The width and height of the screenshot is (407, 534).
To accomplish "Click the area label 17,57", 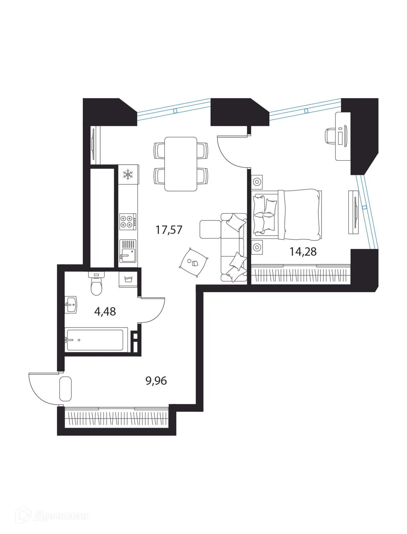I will pyautogui.click(x=169, y=230).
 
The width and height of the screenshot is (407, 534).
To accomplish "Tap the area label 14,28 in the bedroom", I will pyautogui.click(x=303, y=252).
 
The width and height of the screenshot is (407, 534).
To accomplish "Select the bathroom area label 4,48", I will pyautogui.click(x=105, y=311).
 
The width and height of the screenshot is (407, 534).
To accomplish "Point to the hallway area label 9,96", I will pyautogui.click(x=156, y=381).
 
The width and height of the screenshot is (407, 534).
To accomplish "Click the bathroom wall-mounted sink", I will pyautogui.click(x=71, y=305).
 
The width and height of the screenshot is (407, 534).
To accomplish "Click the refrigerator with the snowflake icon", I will pyautogui.click(x=128, y=175).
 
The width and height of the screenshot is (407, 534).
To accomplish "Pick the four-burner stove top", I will pyautogui.click(x=127, y=221).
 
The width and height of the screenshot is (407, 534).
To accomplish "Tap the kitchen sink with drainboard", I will pyautogui.click(x=128, y=251).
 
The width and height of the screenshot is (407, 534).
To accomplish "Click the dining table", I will pyautogui.click(x=181, y=164).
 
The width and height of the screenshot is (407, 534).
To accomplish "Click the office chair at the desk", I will pyautogui.click(x=331, y=136).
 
